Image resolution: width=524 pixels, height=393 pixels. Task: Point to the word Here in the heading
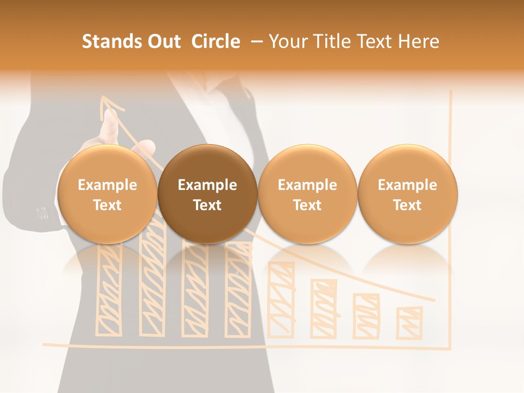[419, 41]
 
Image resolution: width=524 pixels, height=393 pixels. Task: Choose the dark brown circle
[207, 194]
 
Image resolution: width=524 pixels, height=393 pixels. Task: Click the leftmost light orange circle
[108, 194]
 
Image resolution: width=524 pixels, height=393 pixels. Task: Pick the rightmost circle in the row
[407, 194]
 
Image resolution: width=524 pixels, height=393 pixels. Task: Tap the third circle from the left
[307, 194]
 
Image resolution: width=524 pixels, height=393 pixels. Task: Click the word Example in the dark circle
[207, 185]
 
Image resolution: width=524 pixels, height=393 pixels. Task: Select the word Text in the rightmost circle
[407, 205]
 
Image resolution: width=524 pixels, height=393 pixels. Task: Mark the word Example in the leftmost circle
[108, 185]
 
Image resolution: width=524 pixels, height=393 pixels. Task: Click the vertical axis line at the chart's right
[451, 218]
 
